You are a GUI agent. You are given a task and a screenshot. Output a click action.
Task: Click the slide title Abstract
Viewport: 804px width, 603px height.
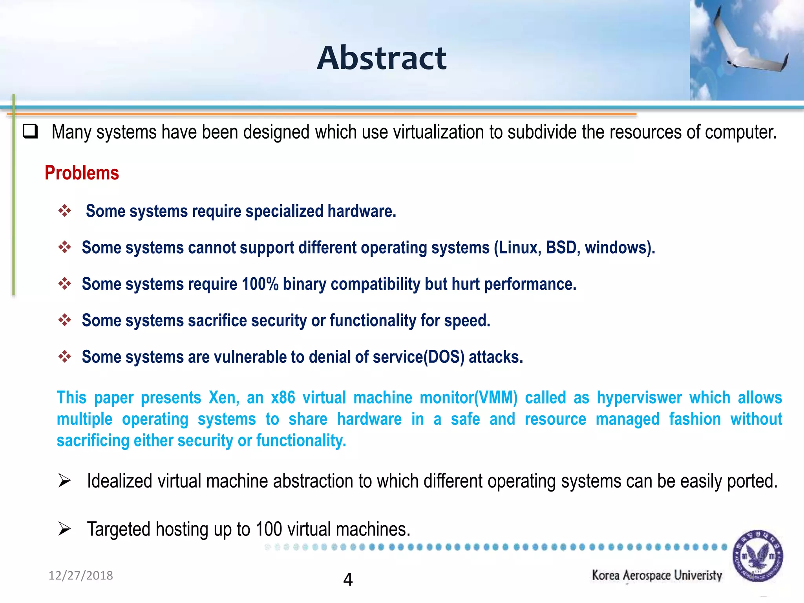[x=382, y=58]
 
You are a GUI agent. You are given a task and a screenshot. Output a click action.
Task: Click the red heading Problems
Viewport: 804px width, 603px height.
[x=82, y=173]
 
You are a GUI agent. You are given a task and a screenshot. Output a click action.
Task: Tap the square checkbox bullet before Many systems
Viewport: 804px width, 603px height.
[x=30, y=131]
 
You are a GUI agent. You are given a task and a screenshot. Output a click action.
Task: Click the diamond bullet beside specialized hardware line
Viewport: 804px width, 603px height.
[x=65, y=211]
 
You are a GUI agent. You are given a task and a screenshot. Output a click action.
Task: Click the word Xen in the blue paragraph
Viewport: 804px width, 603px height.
[x=223, y=398]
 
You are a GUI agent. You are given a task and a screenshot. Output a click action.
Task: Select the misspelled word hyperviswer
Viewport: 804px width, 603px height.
[x=639, y=398]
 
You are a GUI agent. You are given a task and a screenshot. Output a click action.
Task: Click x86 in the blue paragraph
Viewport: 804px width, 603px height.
[x=283, y=398]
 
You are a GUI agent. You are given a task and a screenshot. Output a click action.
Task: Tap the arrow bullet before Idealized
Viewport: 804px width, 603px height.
[x=64, y=481]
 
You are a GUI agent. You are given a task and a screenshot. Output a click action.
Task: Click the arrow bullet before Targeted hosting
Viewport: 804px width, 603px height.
[x=64, y=529]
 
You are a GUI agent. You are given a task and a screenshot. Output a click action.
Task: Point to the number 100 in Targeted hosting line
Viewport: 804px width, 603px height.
[x=269, y=529]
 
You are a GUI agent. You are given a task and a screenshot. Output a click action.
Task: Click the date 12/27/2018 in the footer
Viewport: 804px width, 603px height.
[x=80, y=576]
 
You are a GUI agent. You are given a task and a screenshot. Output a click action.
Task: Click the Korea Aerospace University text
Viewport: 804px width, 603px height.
[x=657, y=576]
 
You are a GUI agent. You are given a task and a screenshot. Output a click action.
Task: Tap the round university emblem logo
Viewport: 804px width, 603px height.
[x=758, y=556]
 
